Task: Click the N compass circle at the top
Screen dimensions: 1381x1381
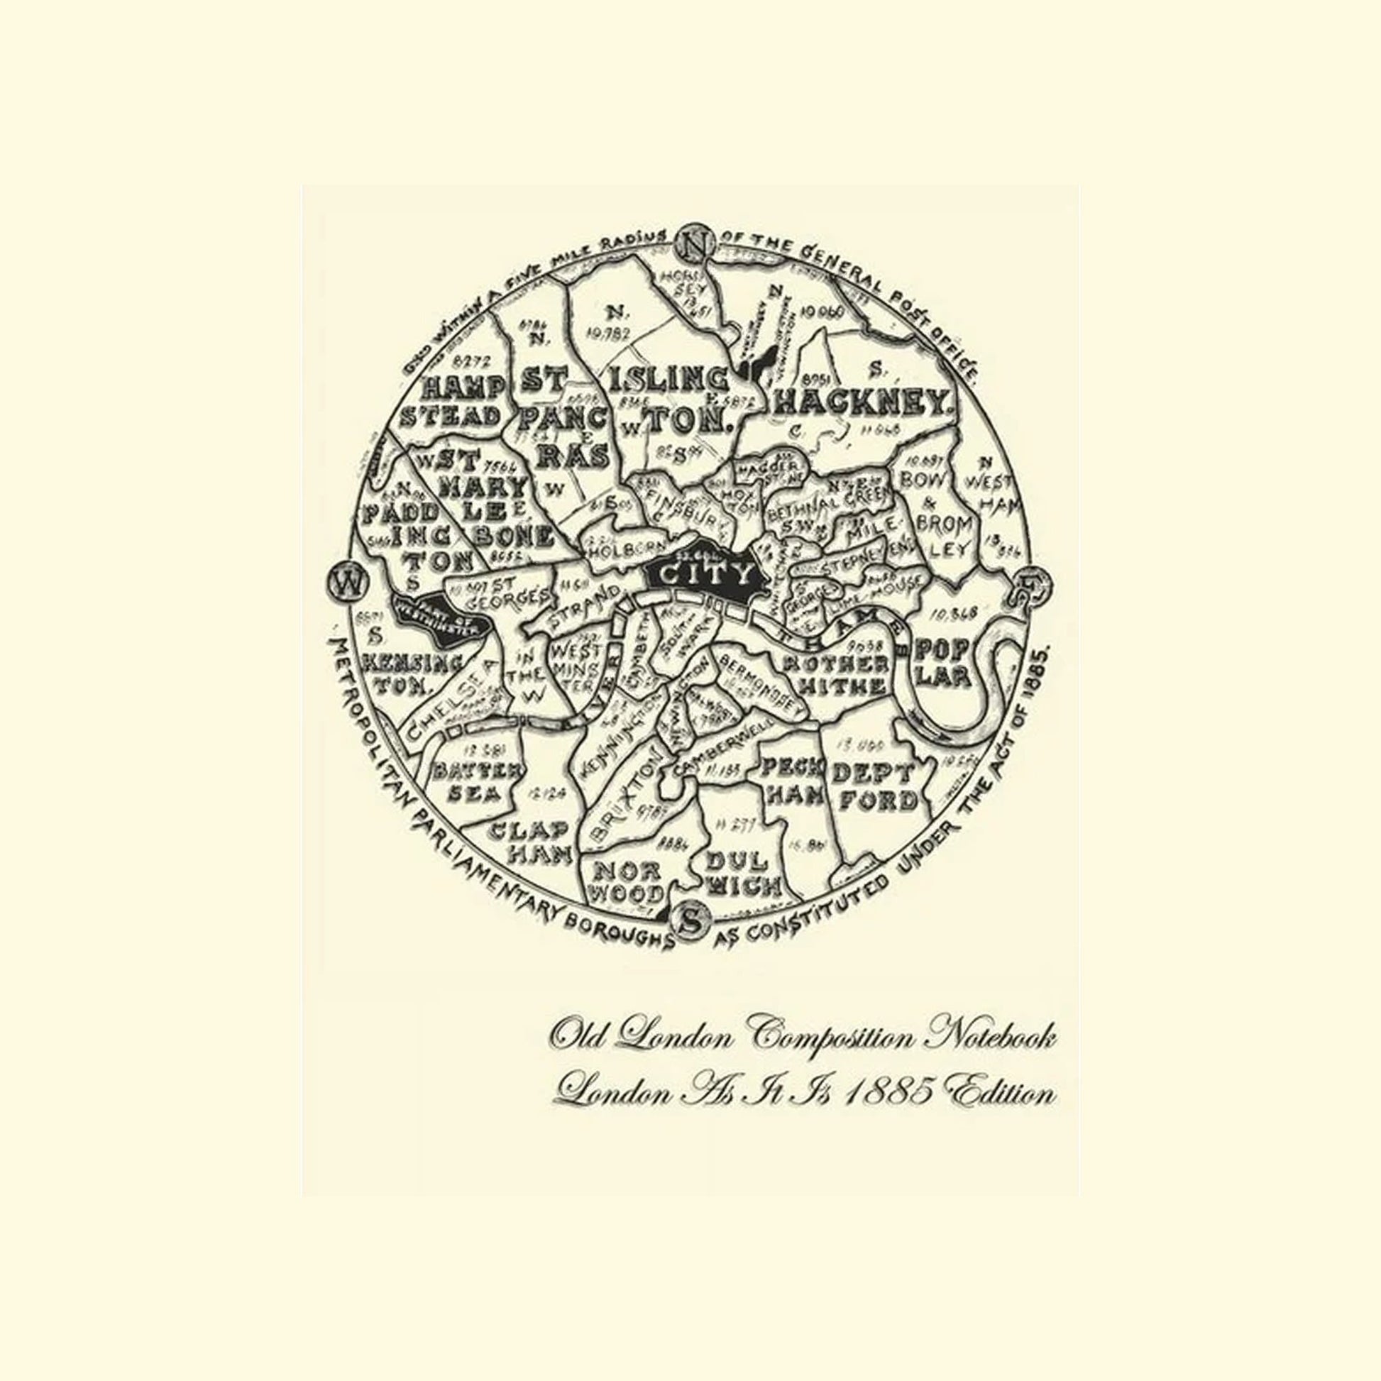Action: tap(693, 245)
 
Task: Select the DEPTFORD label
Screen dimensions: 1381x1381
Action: tap(874, 787)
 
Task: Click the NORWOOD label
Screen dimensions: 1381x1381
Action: tap(628, 881)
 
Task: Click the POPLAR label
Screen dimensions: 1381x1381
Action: tap(943, 664)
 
